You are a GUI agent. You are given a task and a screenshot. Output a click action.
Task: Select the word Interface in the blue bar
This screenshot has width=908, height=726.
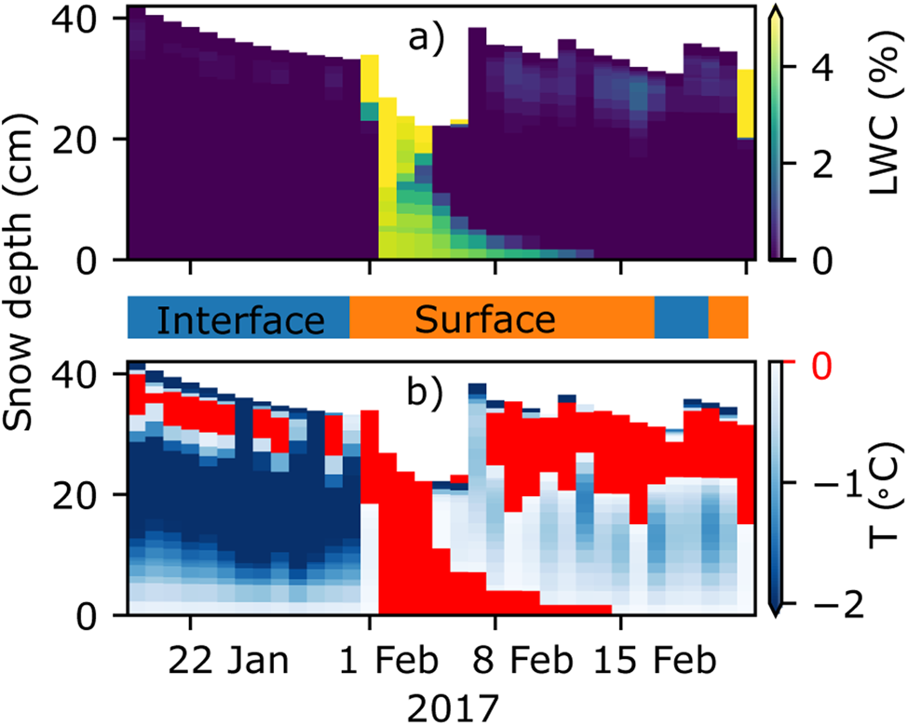click(238, 320)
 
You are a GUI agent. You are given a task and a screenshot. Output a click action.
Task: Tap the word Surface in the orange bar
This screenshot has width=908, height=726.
click(485, 320)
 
